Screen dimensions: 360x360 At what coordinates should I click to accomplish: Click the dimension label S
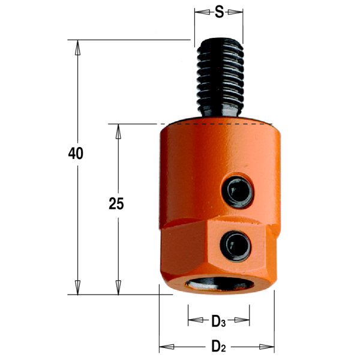click(219, 12)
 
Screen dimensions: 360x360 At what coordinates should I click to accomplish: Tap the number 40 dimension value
click(76, 154)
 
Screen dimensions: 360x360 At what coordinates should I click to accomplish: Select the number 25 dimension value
click(116, 203)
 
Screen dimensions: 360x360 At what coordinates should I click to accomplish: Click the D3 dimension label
click(218, 322)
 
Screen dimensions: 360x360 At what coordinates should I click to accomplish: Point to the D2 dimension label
click(218, 346)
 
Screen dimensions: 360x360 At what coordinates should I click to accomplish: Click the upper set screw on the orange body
click(238, 191)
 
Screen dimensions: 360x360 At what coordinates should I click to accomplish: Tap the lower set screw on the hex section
click(236, 246)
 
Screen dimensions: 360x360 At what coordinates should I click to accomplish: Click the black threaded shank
click(220, 77)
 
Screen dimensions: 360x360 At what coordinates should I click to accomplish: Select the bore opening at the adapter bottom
click(220, 284)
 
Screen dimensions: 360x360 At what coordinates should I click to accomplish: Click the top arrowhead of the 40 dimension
click(77, 47)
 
